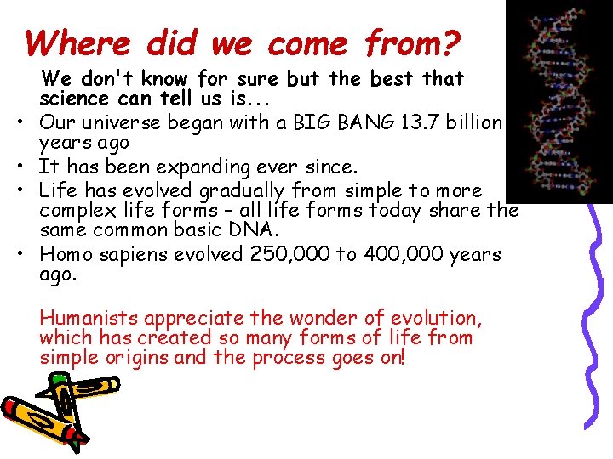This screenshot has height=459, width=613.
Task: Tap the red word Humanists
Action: click(x=89, y=319)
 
